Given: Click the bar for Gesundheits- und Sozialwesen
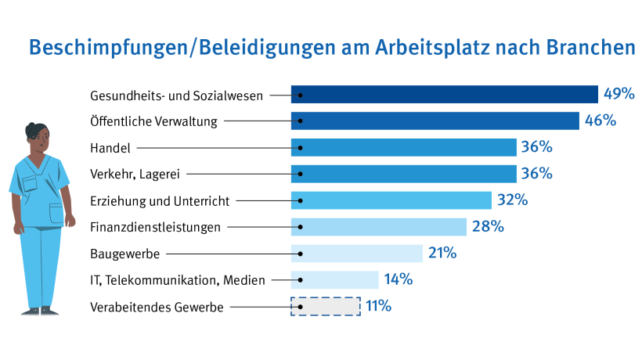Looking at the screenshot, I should point(444,94).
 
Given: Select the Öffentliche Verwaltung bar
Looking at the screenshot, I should point(435,121).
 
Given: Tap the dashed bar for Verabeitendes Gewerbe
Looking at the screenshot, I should point(326,306).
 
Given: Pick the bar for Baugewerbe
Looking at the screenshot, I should point(356,253).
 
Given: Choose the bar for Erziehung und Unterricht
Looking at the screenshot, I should point(391,200).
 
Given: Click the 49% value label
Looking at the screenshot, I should point(619,94).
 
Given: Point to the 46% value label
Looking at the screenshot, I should point(599,121).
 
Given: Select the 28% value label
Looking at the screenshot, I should point(487,227).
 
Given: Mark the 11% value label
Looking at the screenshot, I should point(379,306).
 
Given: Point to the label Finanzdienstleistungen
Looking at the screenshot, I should point(153,228).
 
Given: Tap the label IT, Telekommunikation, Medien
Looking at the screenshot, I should point(178,280).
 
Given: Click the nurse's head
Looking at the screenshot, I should point(37,138).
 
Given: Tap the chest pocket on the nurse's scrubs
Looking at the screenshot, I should point(30,184).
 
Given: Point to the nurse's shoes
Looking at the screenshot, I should point(40,311).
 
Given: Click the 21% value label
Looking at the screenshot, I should point(442,253).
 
